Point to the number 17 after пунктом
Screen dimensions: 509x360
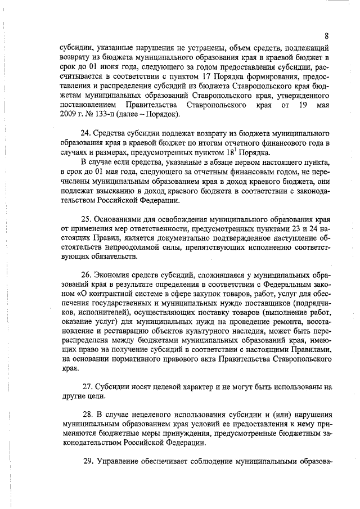point(217,76)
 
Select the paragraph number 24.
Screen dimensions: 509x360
point(87,134)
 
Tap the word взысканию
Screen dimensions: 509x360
point(112,191)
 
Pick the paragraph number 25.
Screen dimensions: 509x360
point(87,220)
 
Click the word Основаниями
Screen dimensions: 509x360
point(124,220)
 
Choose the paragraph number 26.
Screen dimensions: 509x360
point(87,277)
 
